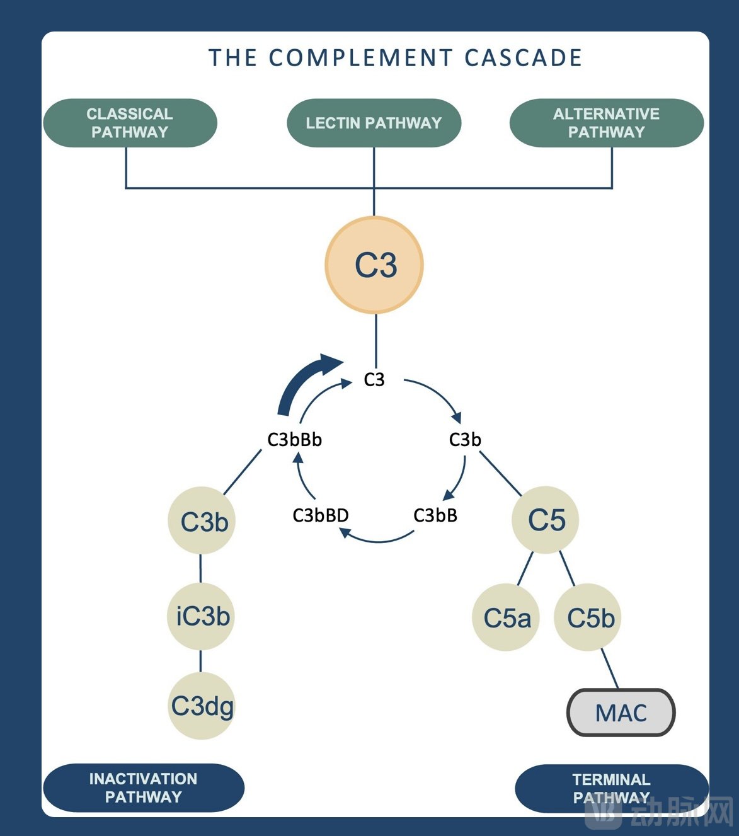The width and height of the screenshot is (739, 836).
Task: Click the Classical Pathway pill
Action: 130,123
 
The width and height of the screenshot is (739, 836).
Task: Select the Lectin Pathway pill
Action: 374,123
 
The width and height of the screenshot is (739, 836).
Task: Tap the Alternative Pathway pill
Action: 606,123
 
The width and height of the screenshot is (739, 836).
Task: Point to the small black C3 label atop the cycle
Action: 374,380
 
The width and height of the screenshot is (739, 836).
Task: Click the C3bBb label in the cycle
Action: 294,440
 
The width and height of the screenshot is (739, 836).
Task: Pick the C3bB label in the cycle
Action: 435,515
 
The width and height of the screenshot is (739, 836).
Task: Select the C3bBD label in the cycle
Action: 321,515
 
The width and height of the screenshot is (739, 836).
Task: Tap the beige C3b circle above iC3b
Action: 202,521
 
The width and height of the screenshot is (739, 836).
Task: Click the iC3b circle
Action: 202,616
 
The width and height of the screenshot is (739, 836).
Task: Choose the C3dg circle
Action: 202,706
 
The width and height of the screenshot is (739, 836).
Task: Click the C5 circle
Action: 546,520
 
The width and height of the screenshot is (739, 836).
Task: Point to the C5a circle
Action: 507,617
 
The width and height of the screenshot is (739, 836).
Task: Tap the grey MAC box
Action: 621,713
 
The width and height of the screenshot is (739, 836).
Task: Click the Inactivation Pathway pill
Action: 143,787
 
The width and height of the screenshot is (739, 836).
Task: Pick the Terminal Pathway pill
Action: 611,788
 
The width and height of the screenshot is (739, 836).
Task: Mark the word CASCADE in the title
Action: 523,58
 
